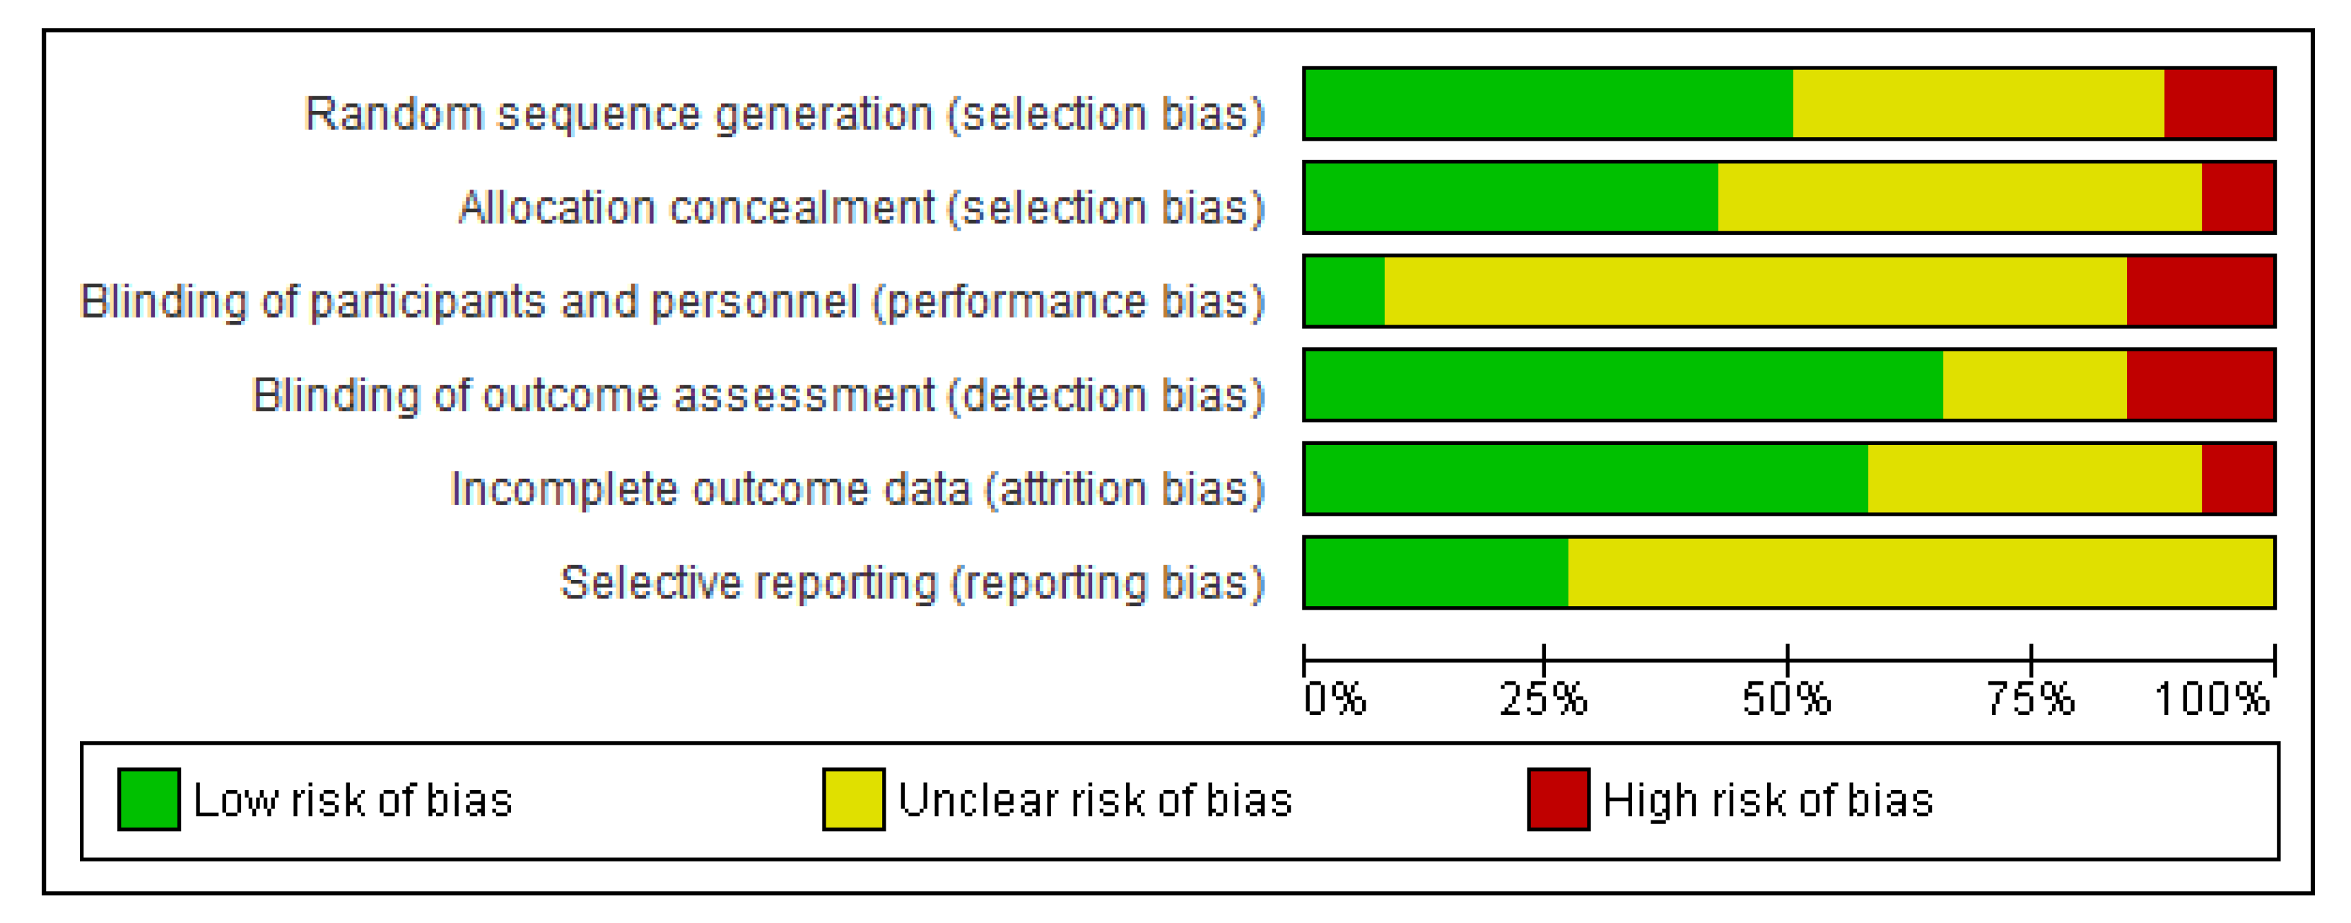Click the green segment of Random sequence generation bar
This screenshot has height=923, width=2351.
coord(1549,103)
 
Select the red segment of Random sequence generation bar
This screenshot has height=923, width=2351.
coord(2219,103)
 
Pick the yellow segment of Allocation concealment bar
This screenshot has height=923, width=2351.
coord(1959,197)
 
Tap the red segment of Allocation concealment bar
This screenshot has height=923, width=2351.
coord(2238,197)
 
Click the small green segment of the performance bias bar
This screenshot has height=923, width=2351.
coord(1345,291)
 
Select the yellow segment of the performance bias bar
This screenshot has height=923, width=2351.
coord(1755,291)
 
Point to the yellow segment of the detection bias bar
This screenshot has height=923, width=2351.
coord(2034,384)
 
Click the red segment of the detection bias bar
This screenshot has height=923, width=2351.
coord(2200,384)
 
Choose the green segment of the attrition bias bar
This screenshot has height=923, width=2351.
coord(1587,478)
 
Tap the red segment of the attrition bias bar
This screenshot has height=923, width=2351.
coord(2238,478)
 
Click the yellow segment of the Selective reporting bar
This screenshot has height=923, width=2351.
coord(1921,572)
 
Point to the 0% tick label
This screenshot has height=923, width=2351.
coord(1335,699)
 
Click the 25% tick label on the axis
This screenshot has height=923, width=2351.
coord(1543,699)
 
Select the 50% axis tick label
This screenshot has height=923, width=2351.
coord(1786,699)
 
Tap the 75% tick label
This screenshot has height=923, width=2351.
coord(2031,699)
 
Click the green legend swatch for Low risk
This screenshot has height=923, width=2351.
coord(148,800)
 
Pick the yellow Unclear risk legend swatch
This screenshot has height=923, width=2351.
coord(853,800)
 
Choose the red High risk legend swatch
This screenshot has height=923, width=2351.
coord(1559,800)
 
